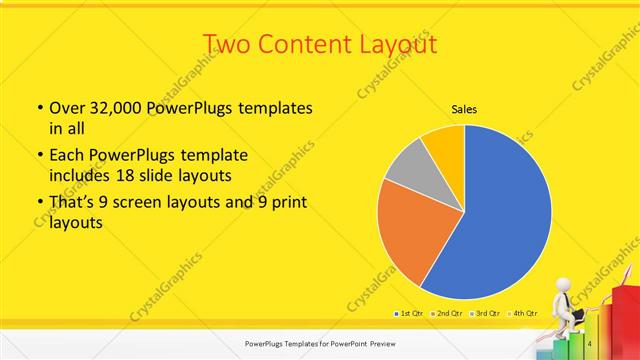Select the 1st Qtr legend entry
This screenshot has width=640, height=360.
point(411,313)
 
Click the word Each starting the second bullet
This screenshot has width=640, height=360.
point(67,156)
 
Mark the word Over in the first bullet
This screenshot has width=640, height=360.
point(69,108)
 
